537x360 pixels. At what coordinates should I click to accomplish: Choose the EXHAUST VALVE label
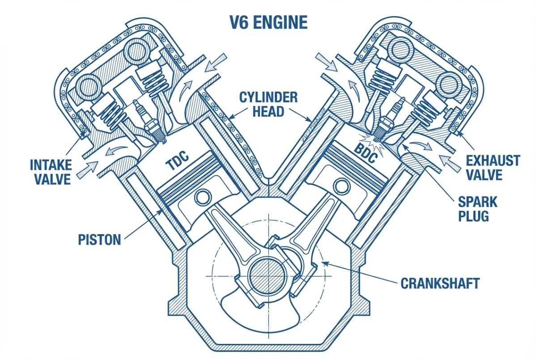(x=493, y=168)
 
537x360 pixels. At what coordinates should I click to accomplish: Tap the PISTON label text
(x=99, y=239)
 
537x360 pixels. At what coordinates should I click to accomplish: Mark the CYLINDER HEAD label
(x=268, y=104)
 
